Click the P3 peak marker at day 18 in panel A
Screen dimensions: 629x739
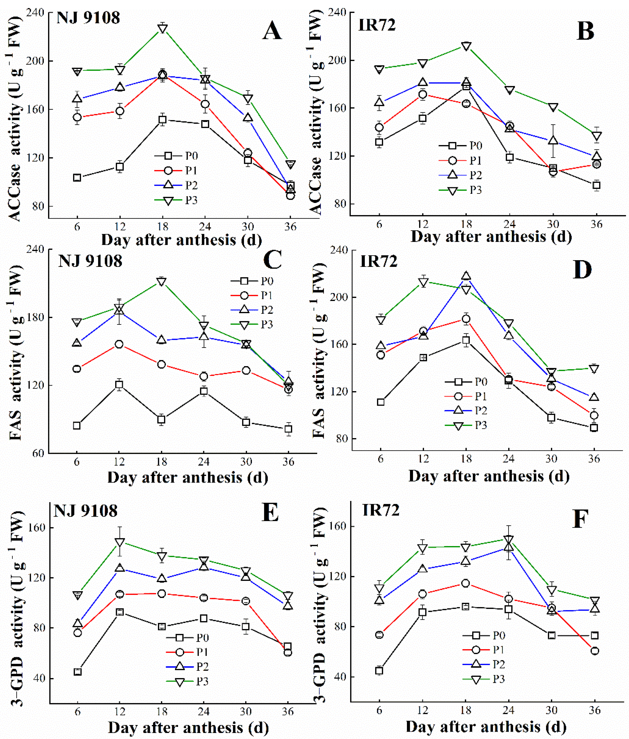[162, 29]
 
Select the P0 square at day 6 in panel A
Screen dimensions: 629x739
[77, 177]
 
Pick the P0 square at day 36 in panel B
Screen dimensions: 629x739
[596, 185]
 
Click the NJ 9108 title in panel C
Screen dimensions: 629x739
[90, 261]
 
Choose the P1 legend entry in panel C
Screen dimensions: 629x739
[252, 295]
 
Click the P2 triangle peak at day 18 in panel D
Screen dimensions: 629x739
[466, 276]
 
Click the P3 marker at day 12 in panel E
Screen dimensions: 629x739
[120, 542]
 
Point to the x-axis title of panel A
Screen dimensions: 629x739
[182, 240]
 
